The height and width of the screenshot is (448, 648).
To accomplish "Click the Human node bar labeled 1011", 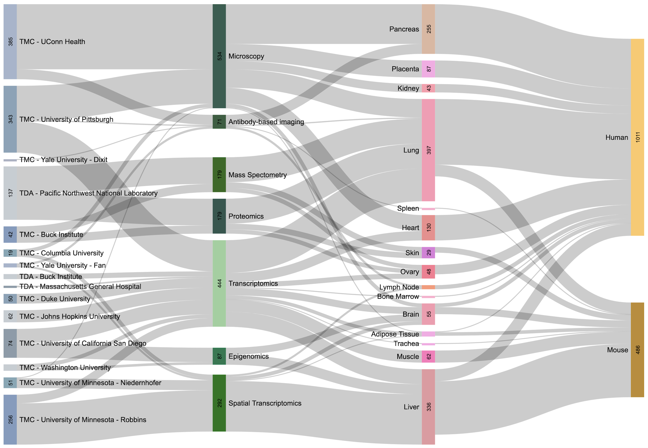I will click(x=637, y=137).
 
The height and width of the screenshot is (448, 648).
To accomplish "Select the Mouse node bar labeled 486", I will click(x=637, y=350).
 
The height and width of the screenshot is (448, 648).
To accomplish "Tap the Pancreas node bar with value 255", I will click(x=428, y=29).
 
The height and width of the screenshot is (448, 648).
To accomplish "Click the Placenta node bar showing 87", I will click(x=428, y=69).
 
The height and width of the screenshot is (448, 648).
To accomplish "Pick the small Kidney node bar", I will click(x=428, y=88).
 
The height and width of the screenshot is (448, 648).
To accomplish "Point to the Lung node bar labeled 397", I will click(x=428, y=150).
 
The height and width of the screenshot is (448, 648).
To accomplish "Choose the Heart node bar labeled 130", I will click(x=428, y=228).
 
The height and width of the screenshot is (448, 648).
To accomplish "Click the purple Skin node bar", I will click(x=428, y=253).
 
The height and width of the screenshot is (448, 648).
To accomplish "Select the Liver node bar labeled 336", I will click(x=428, y=407).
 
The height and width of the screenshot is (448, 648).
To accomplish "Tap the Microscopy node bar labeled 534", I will click(x=219, y=56).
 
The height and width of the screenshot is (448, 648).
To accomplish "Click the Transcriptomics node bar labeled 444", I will click(x=219, y=283).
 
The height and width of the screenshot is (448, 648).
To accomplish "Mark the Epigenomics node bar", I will click(x=219, y=356).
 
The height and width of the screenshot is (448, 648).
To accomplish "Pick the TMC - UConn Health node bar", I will click(x=10, y=41).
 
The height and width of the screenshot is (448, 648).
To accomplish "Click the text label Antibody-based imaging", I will click(x=266, y=122).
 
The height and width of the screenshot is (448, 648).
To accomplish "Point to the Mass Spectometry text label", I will click(x=257, y=175).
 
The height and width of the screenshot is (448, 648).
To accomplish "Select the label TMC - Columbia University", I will click(x=61, y=253).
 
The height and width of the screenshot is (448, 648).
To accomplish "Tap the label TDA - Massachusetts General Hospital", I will click(x=80, y=286).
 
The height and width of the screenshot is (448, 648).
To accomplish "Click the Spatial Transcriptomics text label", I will click(x=265, y=403).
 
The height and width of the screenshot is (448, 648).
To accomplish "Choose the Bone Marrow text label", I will click(x=398, y=297).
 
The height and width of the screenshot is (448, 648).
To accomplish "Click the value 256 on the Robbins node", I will click(x=11, y=419).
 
